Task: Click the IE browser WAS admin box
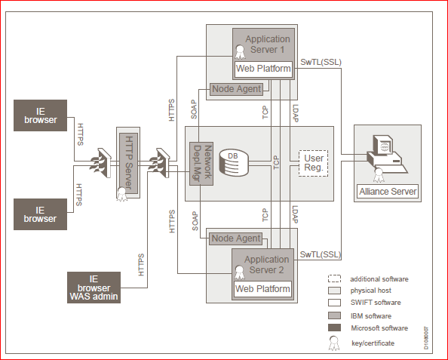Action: [94, 288]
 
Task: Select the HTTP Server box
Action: [128, 163]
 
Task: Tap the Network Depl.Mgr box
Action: [201, 164]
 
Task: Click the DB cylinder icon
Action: [234, 162]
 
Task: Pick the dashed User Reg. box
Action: [314, 163]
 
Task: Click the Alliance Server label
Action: [388, 191]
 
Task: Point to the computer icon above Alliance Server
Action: [388, 155]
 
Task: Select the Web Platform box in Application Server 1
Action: [263, 69]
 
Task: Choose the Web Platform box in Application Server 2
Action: [262, 289]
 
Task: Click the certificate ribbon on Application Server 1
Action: [240, 52]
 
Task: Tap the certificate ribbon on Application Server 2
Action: [239, 272]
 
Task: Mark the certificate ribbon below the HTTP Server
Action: [122, 194]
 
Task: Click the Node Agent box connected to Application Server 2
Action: [236, 238]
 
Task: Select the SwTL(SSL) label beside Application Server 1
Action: [321, 63]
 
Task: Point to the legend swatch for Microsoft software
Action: [334, 328]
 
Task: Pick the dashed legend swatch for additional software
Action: [334, 278]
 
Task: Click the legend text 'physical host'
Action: [370, 291]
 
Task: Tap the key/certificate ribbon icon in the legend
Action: [334, 343]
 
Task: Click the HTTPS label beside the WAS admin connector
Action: [141, 265]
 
